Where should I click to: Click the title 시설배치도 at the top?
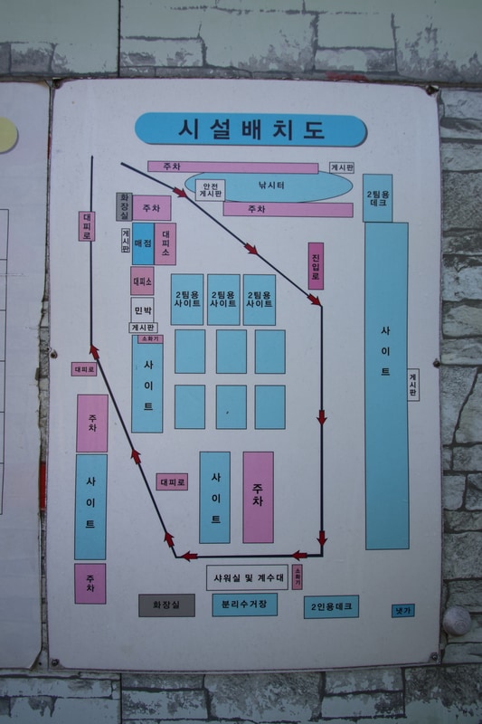pyautogui.click(x=250, y=129)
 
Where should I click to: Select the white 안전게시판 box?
pyautogui.click(x=210, y=188)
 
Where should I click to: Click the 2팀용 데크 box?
pyautogui.click(x=378, y=198)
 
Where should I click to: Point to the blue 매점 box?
pyautogui.click(x=143, y=243)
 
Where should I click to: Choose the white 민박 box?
pyautogui.click(x=143, y=309)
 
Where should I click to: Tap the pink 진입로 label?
pyautogui.click(x=316, y=265)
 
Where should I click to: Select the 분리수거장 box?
pyautogui.click(x=244, y=605)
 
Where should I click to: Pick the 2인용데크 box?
pyautogui.click(x=331, y=606)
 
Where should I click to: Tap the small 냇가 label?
pyautogui.click(x=402, y=611)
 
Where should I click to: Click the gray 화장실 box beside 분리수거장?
pyautogui.click(x=166, y=605)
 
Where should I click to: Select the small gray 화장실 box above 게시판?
pyautogui.click(x=124, y=206)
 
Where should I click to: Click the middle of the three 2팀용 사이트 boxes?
pyautogui.click(x=223, y=300)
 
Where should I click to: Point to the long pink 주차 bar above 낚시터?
pyautogui.click(x=232, y=167)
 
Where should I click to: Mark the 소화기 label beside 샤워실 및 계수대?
pyautogui.click(x=297, y=576)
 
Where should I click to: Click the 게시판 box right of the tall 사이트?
pyautogui.click(x=413, y=385)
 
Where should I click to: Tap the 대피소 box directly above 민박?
pyautogui.click(x=142, y=281)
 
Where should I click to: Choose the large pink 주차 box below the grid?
pyautogui.click(x=258, y=497)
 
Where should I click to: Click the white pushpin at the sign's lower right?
pyautogui.click(x=456, y=620)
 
